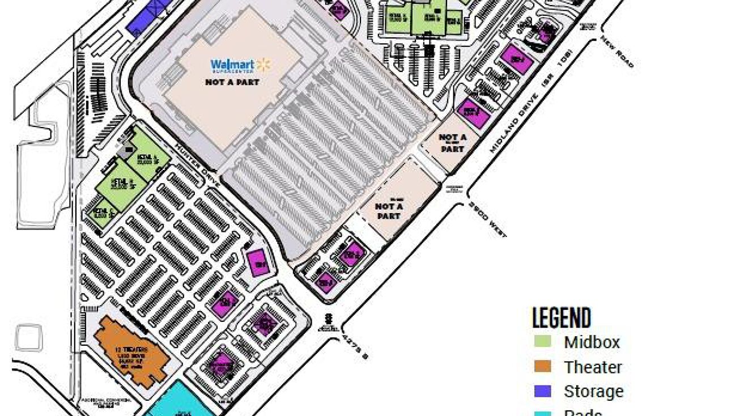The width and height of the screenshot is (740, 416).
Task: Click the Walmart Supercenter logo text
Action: (x=233, y=66)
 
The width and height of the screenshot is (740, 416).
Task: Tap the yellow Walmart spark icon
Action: (x=263, y=65)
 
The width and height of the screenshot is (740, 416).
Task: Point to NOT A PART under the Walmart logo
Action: (x=232, y=82)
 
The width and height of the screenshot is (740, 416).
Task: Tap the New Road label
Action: (x=617, y=52)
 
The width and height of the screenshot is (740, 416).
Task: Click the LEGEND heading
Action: (x=562, y=318)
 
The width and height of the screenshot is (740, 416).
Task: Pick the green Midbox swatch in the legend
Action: (x=542, y=342)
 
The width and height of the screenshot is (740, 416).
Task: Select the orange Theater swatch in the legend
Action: (x=542, y=367)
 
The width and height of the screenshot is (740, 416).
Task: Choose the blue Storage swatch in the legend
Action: (x=542, y=391)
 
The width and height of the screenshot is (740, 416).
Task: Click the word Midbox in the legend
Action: (x=592, y=342)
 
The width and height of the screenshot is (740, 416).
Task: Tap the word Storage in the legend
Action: (x=593, y=392)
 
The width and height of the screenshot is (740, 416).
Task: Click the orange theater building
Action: (x=131, y=351)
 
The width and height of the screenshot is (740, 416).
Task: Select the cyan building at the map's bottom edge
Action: (x=180, y=402)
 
